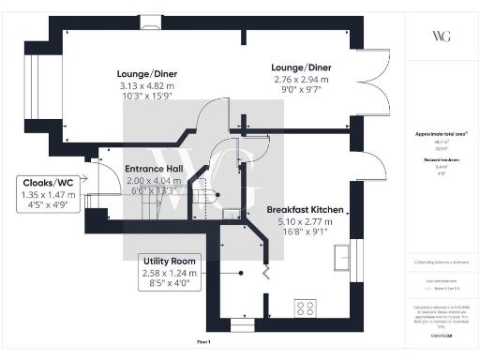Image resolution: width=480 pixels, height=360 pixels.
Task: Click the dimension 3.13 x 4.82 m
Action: coord(147,86)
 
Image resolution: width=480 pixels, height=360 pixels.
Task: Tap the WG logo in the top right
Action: coord(440,36)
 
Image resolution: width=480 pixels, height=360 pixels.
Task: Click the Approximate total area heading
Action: coord(440,133)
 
